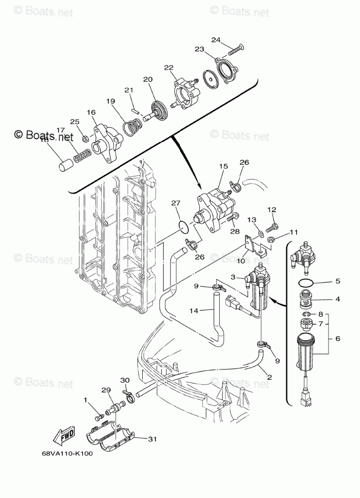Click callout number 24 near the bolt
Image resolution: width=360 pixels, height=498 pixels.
pyautogui.click(x=216, y=39)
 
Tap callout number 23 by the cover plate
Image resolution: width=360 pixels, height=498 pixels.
pyautogui.click(x=199, y=49)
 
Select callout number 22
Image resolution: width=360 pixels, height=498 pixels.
pyautogui.click(x=168, y=68)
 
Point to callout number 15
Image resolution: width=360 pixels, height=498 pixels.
pyautogui.click(x=223, y=165)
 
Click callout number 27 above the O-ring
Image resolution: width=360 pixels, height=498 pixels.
pyautogui.click(x=175, y=203)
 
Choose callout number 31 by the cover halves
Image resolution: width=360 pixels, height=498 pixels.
pyautogui.click(x=152, y=439)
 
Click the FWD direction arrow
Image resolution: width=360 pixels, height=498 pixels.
pyautogui.click(x=64, y=434)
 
